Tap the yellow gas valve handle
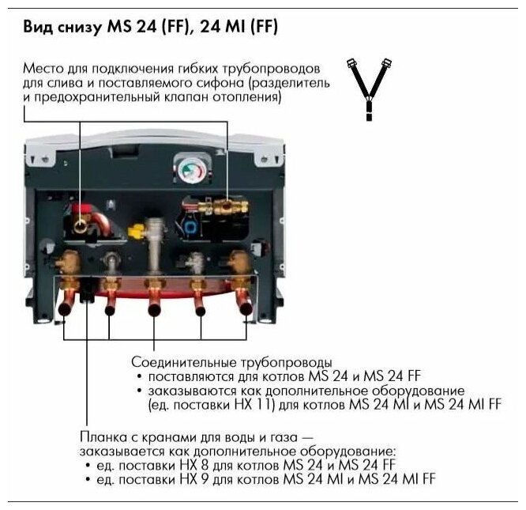[x=137, y=232]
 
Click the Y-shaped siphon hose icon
[x=367, y=87]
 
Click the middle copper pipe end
[x=155, y=308]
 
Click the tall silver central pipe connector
[x=156, y=245]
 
